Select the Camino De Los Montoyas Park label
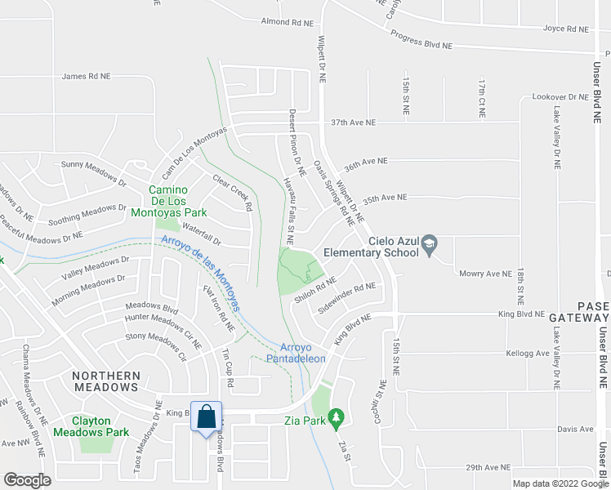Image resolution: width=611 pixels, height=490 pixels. click(x=177, y=201)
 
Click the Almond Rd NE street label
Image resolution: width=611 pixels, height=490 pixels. click(x=288, y=22)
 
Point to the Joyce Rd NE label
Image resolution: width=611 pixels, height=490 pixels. click(x=566, y=29)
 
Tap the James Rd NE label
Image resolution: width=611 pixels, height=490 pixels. click(x=86, y=77)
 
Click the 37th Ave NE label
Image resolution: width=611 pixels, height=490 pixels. click(x=353, y=122)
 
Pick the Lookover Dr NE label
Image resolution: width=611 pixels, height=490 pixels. click(x=560, y=96)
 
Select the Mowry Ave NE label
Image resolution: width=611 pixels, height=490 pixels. click(x=485, y=274)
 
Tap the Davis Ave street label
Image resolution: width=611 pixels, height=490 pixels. click(x=575, y=429)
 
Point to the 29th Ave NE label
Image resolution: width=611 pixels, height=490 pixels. click(x=488, y=467)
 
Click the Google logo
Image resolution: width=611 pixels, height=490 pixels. click(x=27, y=480)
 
